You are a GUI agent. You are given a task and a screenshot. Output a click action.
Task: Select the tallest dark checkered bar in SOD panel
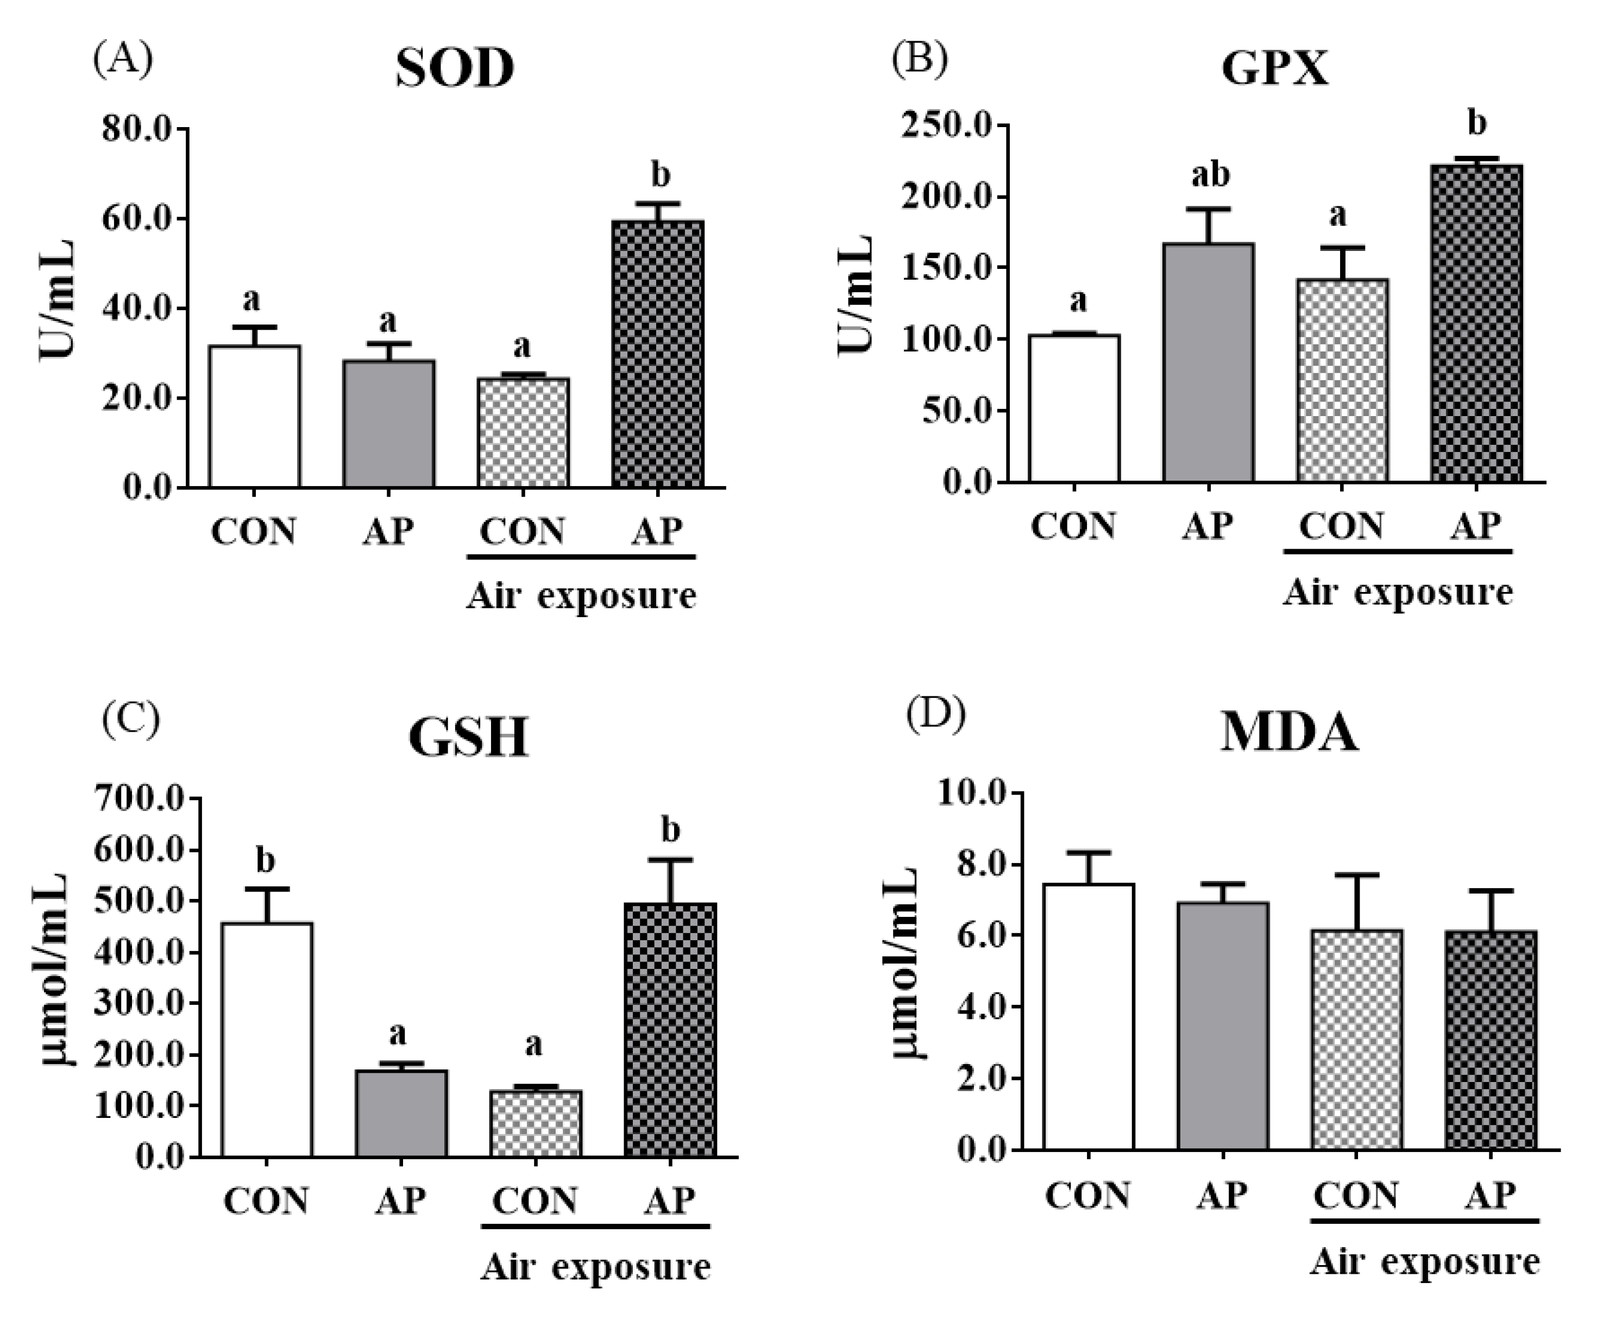[657, 354]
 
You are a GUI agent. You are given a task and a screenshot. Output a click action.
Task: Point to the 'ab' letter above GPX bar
[1210, 174]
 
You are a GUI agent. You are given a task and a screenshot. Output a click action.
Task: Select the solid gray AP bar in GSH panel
[401, 1114]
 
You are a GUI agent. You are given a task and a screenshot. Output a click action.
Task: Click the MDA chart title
[1289, 732]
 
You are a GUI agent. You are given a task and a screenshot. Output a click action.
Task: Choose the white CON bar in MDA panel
[1088, 1016]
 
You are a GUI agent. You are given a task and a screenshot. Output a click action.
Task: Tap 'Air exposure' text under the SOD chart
[581, 596]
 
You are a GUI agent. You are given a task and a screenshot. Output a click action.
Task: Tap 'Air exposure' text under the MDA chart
[1424, 1262]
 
